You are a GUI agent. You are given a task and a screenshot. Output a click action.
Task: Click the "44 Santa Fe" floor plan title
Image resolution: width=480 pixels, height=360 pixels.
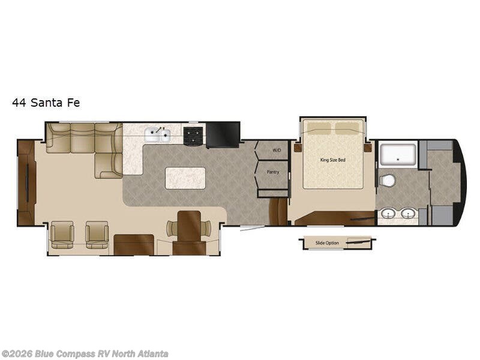pyautogui.click(x=46, y=103)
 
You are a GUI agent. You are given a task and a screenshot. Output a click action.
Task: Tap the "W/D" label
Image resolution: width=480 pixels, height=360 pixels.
pyautogui.click(x=277, y=151)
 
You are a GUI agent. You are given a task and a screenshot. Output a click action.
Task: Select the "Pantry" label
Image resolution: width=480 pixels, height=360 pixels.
pyautogui.click(x=273, y=172)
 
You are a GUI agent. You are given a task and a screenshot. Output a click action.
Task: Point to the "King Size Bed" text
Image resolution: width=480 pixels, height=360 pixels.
pyautogui.click(x=333, y=160)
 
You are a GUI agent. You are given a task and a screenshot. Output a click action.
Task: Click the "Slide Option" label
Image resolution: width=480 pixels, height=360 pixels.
pyautogui.click(x=327, y=243)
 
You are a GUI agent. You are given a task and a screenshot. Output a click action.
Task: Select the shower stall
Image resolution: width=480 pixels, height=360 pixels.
pyautogui.click(x=398, y=155)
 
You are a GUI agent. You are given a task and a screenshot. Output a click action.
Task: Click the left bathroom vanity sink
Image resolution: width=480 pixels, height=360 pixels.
pyautogui.click(x=389, y=214)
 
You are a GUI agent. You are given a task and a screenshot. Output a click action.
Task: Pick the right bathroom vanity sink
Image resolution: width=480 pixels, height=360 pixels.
pyautogui.click(x=408, y=214)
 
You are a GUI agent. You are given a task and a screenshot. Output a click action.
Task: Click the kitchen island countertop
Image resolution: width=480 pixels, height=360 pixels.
pyautogui.click(x=185, y=178)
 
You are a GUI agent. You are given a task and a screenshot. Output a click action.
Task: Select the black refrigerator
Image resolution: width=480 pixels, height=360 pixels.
pyautogui.click(x=223, y=135)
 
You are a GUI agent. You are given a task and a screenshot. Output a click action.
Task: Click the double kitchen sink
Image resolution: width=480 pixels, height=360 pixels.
pyautogui.click(x=157, y=135)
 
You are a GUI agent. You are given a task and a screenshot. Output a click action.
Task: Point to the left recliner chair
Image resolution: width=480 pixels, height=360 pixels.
pyautogui.click(x=62, y=235)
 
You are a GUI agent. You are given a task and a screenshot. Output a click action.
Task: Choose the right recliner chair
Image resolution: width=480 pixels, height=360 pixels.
pyautogui.click(x=97, y=235)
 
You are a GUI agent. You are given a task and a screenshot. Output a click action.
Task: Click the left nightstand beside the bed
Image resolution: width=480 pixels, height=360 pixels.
pyautogui.click(x=298, y=148)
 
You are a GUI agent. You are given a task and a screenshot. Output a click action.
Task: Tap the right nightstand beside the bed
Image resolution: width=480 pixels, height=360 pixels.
pyautogui.click(x=368, y=148)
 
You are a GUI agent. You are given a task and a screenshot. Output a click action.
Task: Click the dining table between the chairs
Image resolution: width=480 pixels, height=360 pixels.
pyautogui.click(x=189, y=226)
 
